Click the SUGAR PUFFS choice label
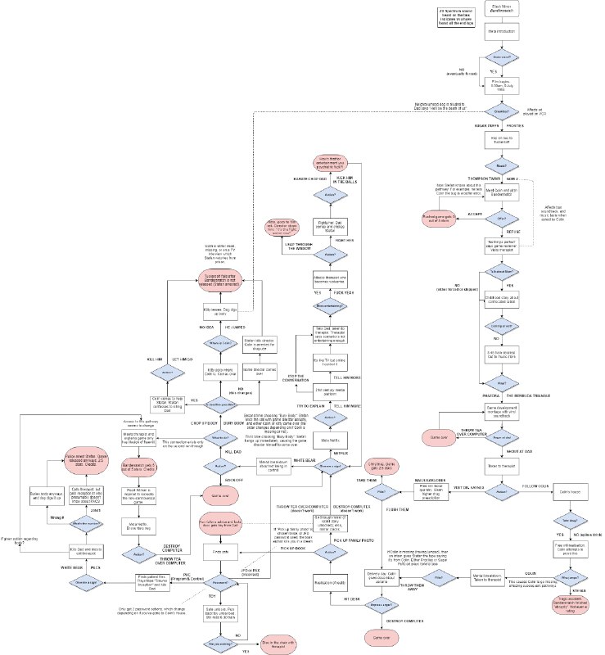[481, 126]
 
